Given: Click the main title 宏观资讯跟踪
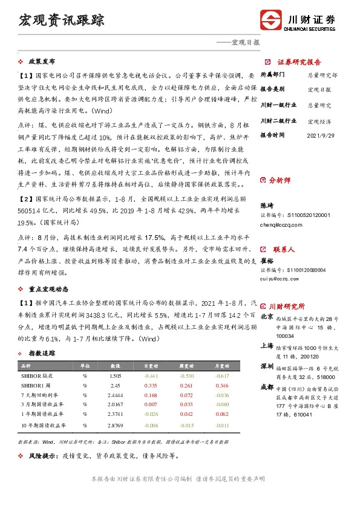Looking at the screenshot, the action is click(62, 19).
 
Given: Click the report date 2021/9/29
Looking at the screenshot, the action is click(321, 136).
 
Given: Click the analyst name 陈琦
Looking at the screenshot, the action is click(267, 206).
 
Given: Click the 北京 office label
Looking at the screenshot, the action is click(267, 316).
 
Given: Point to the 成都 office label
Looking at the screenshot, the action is click(267, 387).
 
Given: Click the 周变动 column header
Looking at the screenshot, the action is click(190, 366).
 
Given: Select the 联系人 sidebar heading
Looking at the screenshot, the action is click(283, 249).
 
